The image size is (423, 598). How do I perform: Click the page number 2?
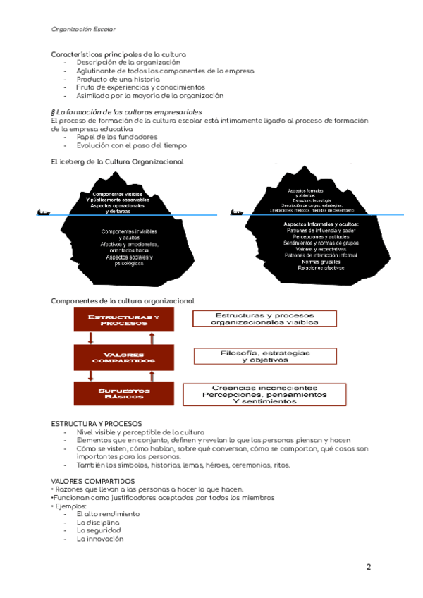tap(368, 567)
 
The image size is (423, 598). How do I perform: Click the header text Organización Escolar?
tap(84, 29)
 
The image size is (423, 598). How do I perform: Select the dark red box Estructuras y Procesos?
tap(123, 321)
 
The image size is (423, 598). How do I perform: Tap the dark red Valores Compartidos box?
tap(123, 357)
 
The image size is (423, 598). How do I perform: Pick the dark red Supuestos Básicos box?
tap(123, 393)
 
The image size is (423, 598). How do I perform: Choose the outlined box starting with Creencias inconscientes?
tap(264, 395)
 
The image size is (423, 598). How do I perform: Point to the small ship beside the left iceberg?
tap(44, 212)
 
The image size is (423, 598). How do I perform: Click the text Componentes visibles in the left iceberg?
tap(117, 194)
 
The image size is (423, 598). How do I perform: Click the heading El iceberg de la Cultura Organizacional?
tap(117, 161)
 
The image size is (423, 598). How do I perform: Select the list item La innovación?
tap(100, 539)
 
